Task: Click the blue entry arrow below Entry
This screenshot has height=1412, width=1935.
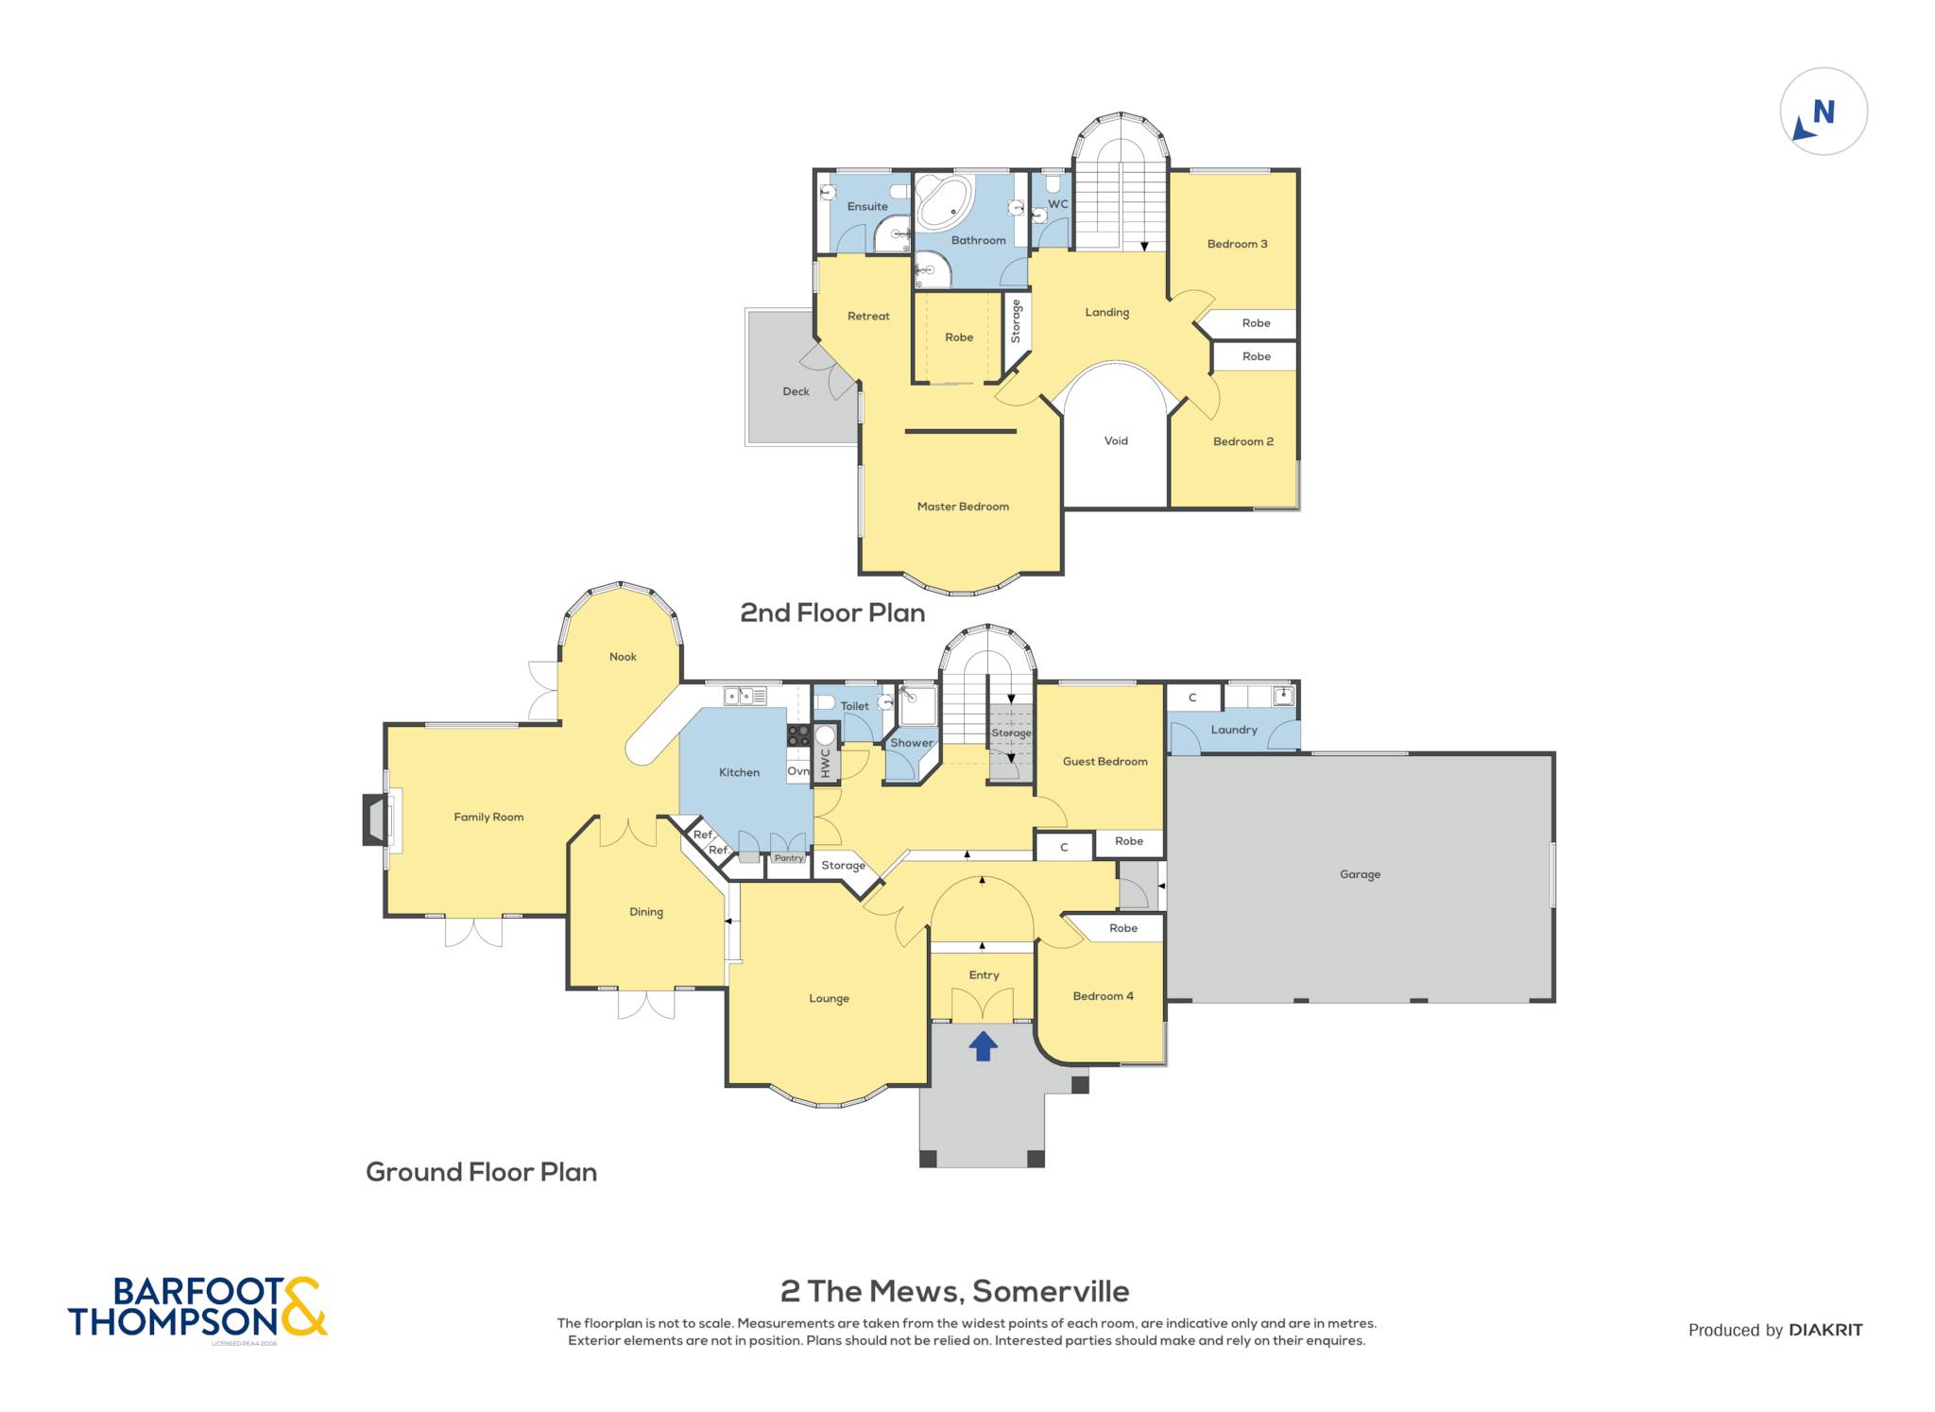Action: (984, 1045)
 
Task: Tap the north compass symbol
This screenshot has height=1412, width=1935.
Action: (1824, 112)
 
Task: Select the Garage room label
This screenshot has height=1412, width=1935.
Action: (1360, 874)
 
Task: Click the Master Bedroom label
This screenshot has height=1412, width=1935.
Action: (963, 507)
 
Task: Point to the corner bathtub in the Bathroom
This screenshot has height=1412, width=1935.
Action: (943, 201)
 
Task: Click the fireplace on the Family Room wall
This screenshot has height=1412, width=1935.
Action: (378, 819)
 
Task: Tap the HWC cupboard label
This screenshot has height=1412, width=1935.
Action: (825, 763)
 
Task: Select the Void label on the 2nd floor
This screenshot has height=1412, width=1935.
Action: (1116, 440)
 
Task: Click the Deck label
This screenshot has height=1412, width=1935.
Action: (796, 391)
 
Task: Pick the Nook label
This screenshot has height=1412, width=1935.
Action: (623, 657)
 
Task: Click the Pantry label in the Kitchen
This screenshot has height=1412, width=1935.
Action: (789, 858)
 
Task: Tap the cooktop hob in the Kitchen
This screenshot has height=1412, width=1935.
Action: (798, 735)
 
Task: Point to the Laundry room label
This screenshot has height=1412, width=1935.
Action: (1234, 730)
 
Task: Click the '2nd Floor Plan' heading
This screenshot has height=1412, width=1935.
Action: (832, 612)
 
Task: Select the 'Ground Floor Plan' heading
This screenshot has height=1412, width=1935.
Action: (481, 1172)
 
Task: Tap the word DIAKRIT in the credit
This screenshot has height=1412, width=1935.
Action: (1825, 1330)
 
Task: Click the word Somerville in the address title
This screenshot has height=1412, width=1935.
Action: (1051, 1291)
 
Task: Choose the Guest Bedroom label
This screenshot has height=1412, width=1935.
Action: (1104, 761)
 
